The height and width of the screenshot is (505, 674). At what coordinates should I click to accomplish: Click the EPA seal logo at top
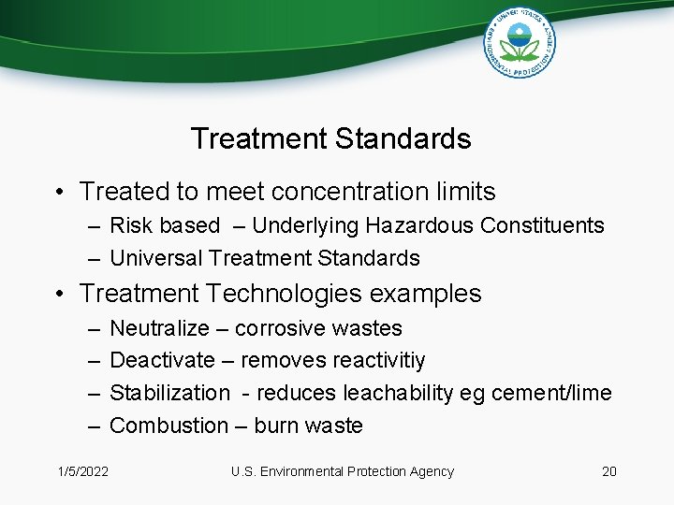(520, 42)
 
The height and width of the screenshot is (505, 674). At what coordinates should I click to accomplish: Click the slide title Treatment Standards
(330, 139)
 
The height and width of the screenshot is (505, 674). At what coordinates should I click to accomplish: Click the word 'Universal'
(156, 257)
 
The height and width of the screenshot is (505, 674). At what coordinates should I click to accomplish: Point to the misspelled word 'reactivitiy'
(378, 361)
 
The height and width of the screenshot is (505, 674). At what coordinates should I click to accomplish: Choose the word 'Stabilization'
(169, 393)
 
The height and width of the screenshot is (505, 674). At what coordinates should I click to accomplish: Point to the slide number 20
(609, 471)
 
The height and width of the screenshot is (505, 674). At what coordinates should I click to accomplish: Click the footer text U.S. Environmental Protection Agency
(343, 471)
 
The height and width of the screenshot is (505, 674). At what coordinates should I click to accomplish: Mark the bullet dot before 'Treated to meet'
(58, 193)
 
